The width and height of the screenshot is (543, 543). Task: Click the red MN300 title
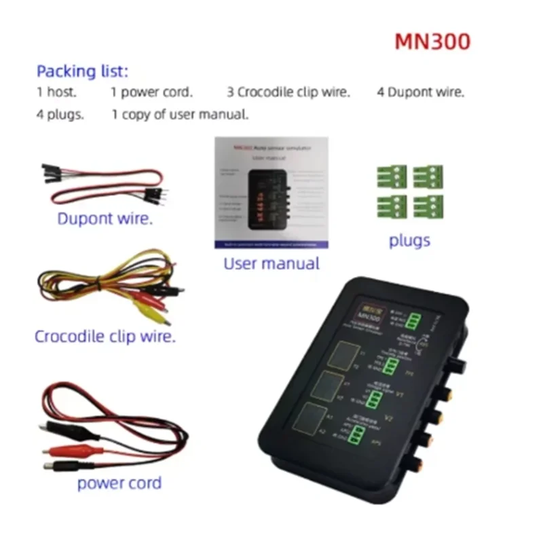[432, 41]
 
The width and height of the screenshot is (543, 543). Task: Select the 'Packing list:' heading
[82, 71]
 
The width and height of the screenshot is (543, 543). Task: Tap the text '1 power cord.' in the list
[152, 92]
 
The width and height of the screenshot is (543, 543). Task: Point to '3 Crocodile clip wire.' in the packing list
[288, 92]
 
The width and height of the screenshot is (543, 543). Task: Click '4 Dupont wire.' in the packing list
[421, 92]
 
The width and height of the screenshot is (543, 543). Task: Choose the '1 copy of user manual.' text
[180, 114]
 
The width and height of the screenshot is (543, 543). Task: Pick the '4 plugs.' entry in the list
[60, 114]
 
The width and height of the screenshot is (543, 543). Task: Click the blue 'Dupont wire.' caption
[105, 219]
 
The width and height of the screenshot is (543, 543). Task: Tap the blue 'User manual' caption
[271, 263]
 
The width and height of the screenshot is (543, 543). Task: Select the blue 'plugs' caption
[409, 240]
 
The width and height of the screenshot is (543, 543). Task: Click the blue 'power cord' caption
[119, 483]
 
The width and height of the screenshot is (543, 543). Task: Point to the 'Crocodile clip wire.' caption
[105, 335]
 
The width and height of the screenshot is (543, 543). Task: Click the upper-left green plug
[392, 176]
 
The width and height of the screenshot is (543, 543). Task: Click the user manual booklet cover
[271, 193]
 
